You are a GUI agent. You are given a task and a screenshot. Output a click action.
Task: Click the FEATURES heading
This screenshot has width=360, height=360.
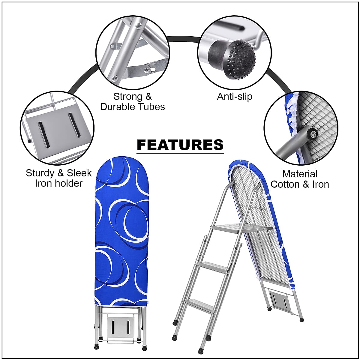(180, 145)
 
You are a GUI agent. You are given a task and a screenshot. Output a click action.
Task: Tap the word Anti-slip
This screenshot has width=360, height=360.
(235, 96)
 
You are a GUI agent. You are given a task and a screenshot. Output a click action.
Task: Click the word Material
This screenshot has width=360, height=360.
(300, 174)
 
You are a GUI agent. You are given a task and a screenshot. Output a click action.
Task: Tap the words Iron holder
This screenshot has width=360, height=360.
(58, 183)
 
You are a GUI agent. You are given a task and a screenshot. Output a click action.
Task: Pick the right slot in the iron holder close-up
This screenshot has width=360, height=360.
(74, 125)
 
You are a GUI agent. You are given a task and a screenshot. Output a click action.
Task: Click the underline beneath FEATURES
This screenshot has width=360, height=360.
(180, 153)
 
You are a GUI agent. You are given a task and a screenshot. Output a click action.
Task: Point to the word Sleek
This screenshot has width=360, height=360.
(79, 173)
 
